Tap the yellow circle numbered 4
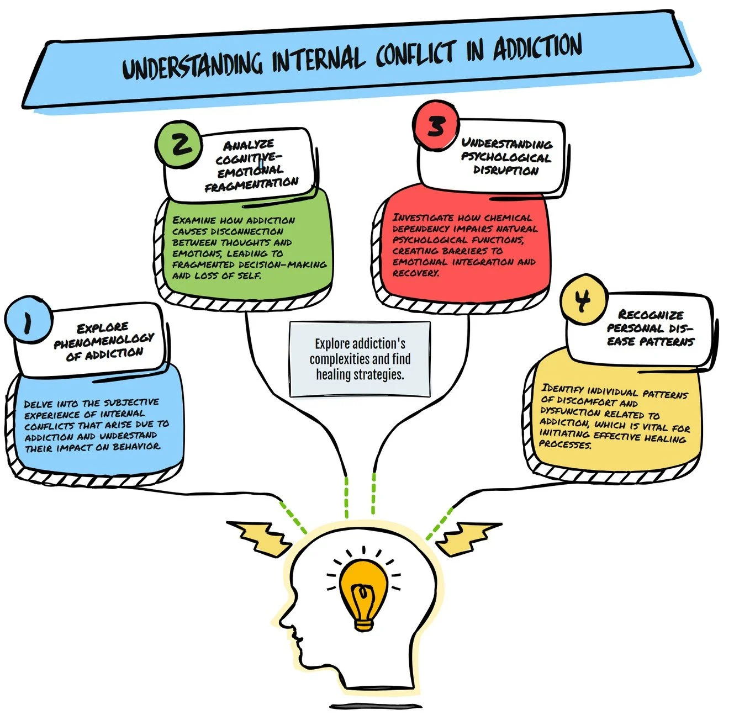click(x=583, y=301)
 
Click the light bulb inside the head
click(x=363, y=594)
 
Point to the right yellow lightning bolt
click(x=468, y=538)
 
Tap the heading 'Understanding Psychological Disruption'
click(x=506, y=157)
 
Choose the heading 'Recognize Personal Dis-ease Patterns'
click(x=651, y=328)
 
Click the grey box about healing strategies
click(x=360, y=359)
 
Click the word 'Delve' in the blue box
click(x=38, y=404)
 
